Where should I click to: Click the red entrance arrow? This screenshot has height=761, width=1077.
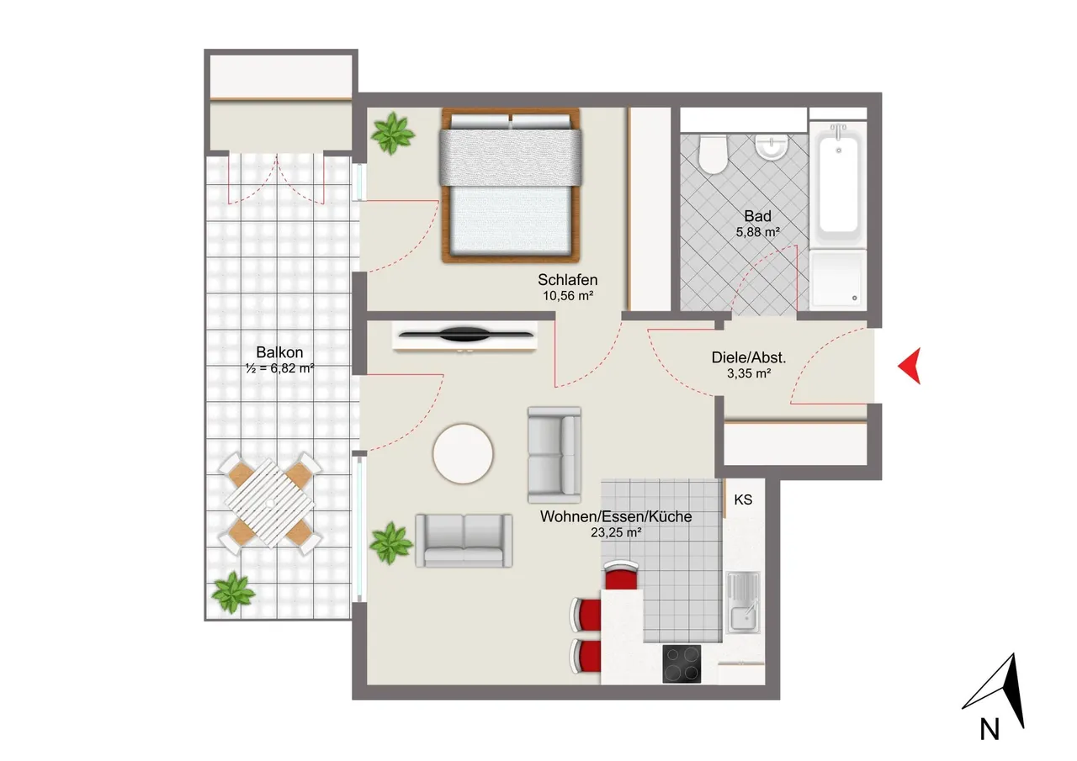pyautogui.click(x=910, y=366)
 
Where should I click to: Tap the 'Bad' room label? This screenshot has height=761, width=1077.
pyautogui.click(x=758, y=216)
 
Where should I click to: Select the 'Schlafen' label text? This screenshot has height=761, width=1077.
pyautogui.click(x=567, y=280)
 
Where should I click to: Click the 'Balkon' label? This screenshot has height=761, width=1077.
pyautogui.click(x=279, y=352)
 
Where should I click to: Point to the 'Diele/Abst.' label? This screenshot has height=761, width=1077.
pyautogui.click(x=749, y=357)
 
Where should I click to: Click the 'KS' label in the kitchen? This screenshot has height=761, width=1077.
pyautogui.click(x=743, y=499)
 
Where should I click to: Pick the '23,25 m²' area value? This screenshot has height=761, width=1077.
pyautogui.click(x=616, y=532)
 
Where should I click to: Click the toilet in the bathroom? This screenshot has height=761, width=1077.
pyautogui.click(x=713, y=154)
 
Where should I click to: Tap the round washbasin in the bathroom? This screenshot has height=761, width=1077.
pyautogui.click(x=772, y=146)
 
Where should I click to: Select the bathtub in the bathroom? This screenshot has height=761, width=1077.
pyautogui.click(x=838, y=184)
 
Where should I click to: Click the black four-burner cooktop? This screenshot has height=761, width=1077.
pyautogui.click(x=682, y=663)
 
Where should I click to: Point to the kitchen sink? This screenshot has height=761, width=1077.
pyautogui.click(x=743, y=602)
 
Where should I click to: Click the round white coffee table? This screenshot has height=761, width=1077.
pyautogui.click(x=463, y=453)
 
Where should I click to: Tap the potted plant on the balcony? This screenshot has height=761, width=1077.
pyautogui.click(x=233, y=592)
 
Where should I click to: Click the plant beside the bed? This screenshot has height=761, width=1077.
pyautogui.click(x=392, y=133)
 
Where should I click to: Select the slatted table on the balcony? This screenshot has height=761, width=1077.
pyautogui.click(x=270, y=503)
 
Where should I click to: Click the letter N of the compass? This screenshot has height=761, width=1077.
pyautogui.click(x=989, y=730)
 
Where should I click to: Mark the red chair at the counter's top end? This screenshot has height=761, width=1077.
pyautogui.click(x=621, y=574)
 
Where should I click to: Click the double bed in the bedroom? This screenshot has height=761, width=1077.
pyautogui.click(x=511, y=186)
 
